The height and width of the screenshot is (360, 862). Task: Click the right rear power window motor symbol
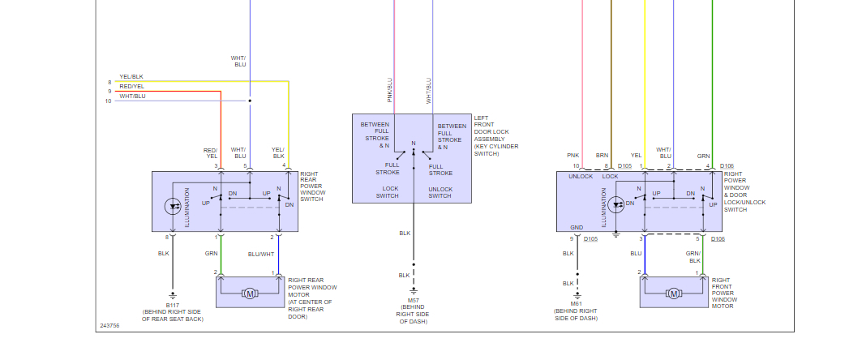[x=250, y=292]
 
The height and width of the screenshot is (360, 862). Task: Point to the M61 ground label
[x=577, y=304]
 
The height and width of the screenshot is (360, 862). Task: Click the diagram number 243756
[x=109, y=326]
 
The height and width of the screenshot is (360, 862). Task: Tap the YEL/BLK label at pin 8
[x=131, y=77]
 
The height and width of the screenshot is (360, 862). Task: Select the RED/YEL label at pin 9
[x=131, y=86]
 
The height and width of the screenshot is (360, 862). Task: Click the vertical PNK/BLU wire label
[x=390, y=90]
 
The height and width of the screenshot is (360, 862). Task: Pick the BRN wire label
[x=602, y=154]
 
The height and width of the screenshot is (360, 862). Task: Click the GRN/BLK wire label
[x=694, y=257]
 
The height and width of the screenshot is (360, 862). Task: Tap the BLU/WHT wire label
[x=262, y=254]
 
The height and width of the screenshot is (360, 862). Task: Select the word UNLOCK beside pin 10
[x=581, y=175]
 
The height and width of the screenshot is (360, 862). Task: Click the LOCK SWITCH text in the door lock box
[x=385, y=192]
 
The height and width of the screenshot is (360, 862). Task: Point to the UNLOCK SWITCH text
[x=440, y=192]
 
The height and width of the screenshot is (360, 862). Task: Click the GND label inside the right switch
[x=577, y=228]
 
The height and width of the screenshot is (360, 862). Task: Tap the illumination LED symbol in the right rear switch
[x=173, y=207]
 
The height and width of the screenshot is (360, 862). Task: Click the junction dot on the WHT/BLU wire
[x=250, y=101]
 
